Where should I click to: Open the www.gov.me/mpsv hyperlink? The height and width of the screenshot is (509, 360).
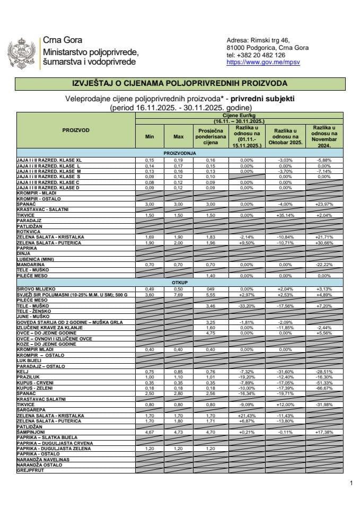[256, 62]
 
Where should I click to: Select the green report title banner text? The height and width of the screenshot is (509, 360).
[179, 84]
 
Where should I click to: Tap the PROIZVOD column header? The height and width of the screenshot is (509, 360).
[75, 130]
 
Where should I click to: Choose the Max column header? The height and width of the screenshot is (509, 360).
[178, 136]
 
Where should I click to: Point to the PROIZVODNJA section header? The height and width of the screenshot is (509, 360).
[180, 153]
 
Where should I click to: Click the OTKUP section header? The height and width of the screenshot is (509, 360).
[180, 283]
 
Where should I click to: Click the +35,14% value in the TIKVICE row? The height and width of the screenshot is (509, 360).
[285, 216]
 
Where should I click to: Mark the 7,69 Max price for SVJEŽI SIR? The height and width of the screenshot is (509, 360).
[178, 294]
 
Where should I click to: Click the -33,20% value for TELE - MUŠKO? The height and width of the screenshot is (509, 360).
[247, 307]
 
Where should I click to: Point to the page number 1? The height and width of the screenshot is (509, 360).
[351, 483]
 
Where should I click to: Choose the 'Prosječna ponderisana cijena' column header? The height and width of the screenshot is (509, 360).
[212, 136]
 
